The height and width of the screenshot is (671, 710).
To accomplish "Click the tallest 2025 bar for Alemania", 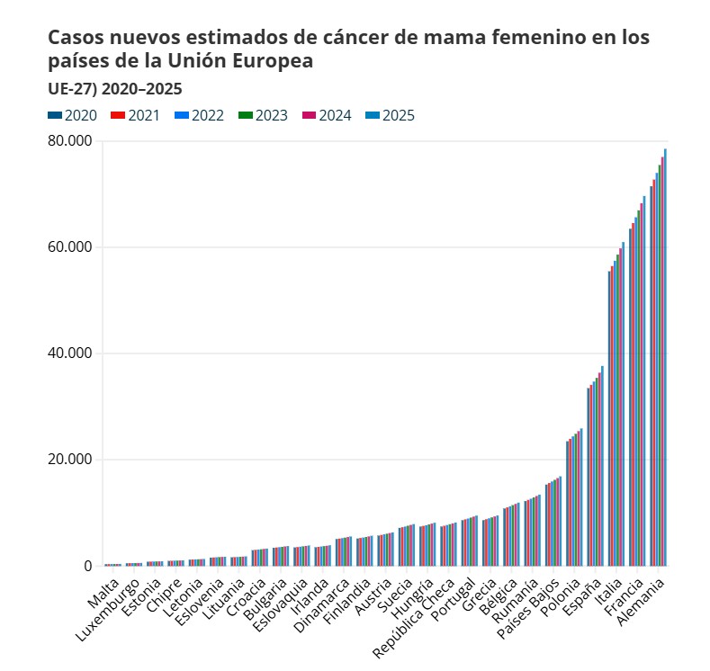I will [665, 360].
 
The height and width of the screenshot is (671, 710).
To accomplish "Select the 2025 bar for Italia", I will [623, 405].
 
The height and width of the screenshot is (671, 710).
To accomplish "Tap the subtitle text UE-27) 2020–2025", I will [114, 88].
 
